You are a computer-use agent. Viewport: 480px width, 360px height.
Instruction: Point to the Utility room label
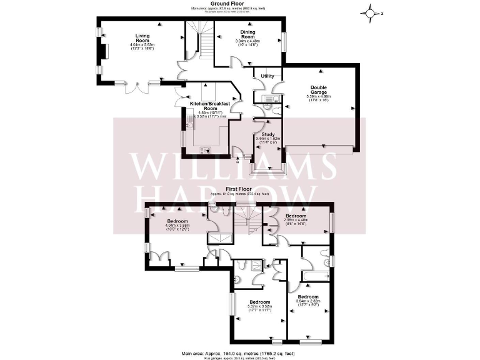[267, 76]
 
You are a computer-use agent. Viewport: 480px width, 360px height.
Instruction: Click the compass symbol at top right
[372, 12]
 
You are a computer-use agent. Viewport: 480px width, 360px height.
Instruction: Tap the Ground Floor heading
[239, 4]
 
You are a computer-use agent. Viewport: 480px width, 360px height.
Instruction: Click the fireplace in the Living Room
[105, 51]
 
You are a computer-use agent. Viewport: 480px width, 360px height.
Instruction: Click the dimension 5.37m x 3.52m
[258, 306]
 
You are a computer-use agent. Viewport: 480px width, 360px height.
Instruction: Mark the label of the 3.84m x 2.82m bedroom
[308, 296]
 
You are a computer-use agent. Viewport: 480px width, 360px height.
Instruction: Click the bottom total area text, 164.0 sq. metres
[239, 353]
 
